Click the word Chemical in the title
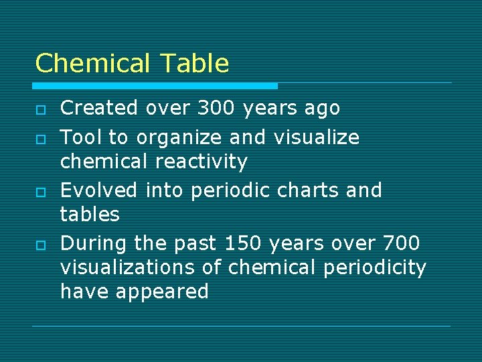(93, 64)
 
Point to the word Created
(99, 108)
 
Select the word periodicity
(374, 267)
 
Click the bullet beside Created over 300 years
(40, 109)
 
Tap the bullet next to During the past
(40, 243)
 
